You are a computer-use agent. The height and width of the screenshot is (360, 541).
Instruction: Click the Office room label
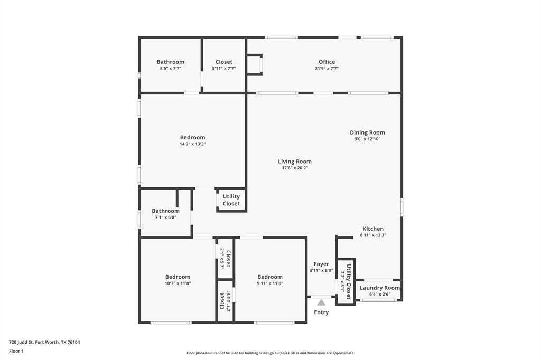tap(327, 62)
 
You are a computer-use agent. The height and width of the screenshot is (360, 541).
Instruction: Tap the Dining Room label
tap(367, 132)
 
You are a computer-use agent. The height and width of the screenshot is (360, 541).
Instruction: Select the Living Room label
tap(295, 162)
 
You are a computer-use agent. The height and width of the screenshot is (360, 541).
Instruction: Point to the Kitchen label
tap(373, 229)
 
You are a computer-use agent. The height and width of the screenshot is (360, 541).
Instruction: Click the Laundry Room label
tap(380, 288)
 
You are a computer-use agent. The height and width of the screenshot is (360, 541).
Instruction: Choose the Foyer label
tap(321, 264)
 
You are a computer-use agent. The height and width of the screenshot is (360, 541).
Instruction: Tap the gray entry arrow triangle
tap(321, 302)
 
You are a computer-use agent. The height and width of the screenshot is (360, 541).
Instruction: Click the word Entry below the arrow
tap(321, 312)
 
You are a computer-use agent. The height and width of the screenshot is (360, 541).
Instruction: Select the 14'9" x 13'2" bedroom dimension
tap(192, 144)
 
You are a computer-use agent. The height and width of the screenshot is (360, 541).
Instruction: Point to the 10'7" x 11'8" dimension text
tap(178, 283)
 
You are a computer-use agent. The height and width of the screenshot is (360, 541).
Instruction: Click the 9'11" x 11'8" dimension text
tap(270, 283)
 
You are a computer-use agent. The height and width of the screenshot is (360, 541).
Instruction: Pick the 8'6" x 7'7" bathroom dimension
tap(170, 68)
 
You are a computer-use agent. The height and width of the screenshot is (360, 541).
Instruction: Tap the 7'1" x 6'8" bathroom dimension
tap(165, 217)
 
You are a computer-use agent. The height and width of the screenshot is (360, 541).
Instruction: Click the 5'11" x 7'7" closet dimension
tap(224, 68)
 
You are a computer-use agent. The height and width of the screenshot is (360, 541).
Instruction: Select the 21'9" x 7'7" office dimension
tap(327, 68)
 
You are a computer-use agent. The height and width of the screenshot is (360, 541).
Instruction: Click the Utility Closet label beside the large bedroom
tap(231, 200)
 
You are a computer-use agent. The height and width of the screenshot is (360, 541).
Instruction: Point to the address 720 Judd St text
tap(44, 342)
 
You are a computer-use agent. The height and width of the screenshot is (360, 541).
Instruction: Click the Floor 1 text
tap(16, 351)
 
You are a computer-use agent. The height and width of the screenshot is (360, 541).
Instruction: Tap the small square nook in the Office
tap(254, 64)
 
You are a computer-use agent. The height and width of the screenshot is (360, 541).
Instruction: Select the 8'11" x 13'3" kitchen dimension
tap(373, 235)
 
